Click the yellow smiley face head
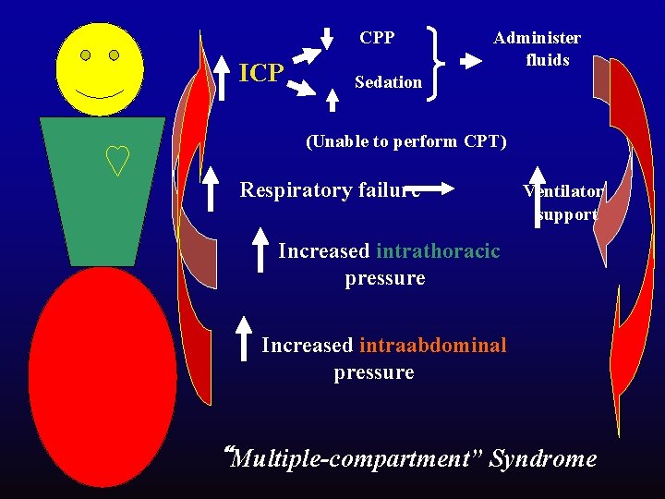pos(100,69)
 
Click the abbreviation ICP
pos(260,72)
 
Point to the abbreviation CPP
pos(377,38)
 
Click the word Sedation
pos(388,82)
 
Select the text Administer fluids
pos(537,49)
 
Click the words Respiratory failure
pos(330,190)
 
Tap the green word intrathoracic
pos(439,250)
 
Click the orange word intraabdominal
pos(433,346)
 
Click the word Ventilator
pos(563,191)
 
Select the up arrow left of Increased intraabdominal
pos(244,337)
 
